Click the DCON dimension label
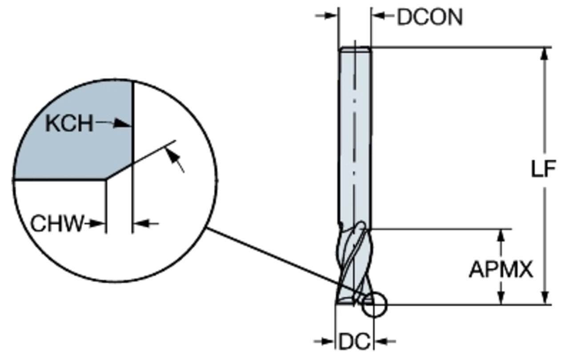(x=429, y=18)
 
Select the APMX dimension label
(x=501, y=269)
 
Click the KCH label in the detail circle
(x=69, y=124)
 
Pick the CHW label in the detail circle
(x=57, y=224)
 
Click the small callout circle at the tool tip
(x=374, y=305)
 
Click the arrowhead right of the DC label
(x=378, y=341)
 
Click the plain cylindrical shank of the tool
(x=354, y=133)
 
